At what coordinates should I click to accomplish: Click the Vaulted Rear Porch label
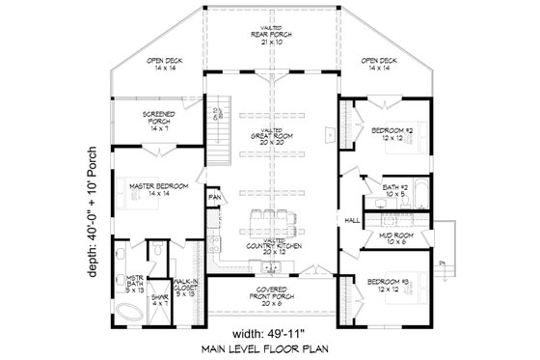[x=270, y=35]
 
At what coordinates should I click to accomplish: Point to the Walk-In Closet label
[x=188, y=287]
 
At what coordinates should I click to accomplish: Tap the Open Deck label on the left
[x=163, y=65]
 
